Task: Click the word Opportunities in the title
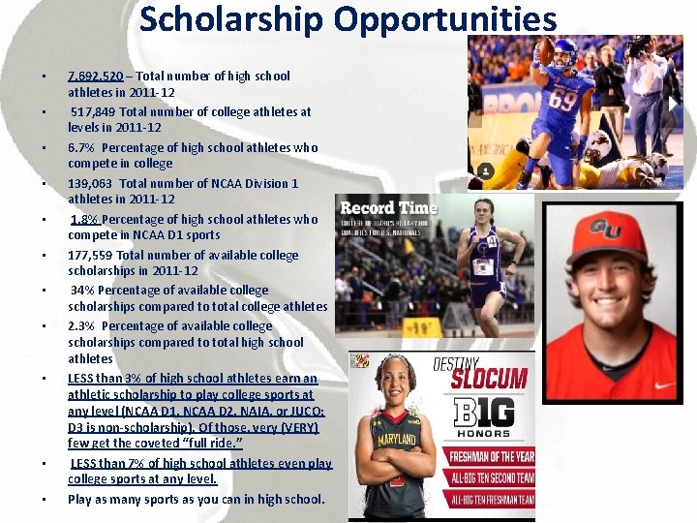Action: coord(443,19)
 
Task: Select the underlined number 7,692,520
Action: coord(95,76)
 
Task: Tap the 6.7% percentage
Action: coord(81,147)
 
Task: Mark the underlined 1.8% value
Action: coord(85,219)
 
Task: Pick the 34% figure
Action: coord(81,290)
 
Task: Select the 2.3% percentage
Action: coord(81,325)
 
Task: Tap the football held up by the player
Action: coord(548,47)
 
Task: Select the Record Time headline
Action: coord(388,208)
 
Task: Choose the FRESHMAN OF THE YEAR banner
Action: coord(490,457)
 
